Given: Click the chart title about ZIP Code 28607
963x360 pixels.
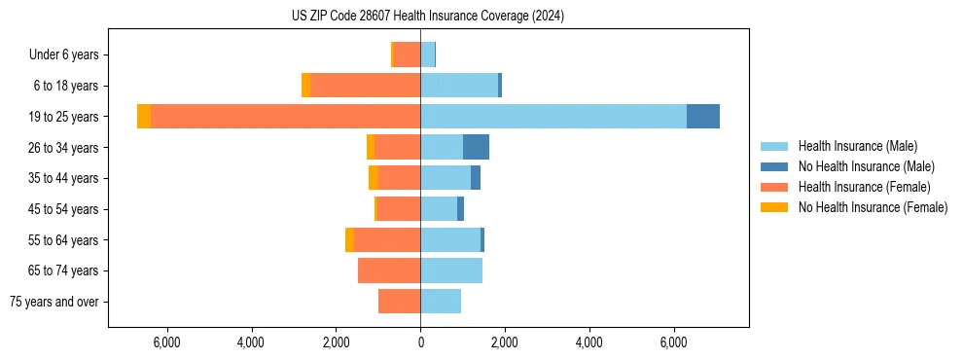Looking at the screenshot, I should [x=428, y=16].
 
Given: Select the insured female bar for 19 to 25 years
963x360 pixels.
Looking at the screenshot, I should [x=286, y=116].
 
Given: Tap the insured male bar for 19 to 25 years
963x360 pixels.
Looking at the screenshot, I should [x=553, y=116].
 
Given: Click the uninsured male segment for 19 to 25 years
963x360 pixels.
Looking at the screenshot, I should [x=703, y=116].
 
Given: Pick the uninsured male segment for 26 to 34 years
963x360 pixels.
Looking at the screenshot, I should [x=476, y=147].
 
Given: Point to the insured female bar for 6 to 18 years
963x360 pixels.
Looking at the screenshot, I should [x=365, y=85].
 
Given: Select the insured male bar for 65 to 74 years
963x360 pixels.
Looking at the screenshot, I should [x=451, y=270].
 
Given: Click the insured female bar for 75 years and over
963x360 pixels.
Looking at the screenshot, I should [x=400, y=302].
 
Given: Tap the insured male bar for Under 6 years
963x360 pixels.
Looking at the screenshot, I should [x=427, y=54].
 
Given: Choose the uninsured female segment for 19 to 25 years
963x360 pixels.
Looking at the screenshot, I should [x=144, y=116].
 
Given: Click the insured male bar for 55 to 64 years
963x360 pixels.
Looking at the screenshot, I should [x=450, y=239].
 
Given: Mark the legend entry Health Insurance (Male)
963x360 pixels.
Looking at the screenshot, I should [x=857, y=146].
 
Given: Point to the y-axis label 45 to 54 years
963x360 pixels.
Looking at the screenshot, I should [x=64, y=209].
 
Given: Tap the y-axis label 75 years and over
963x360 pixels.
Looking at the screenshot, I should [x=54, y=302].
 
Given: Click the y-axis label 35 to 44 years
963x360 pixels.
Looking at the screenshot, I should [x=64, y=178].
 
